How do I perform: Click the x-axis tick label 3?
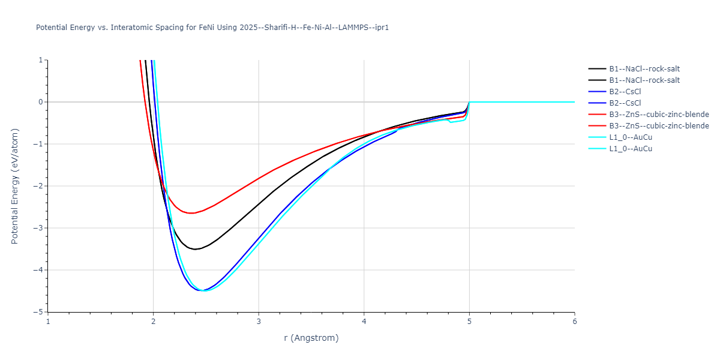coord(259,321)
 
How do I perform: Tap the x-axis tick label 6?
coord(575,321)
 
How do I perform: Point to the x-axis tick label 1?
coord(48,321)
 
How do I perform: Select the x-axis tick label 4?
coord(364,321)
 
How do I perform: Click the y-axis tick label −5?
coord(39,312)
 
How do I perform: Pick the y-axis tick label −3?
coord(39,228)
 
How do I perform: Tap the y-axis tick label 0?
coord(41,102)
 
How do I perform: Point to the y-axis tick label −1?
coord(39,144)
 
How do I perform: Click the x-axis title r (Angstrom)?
coord(311,338)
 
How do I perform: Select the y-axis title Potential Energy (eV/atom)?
coord(15,186)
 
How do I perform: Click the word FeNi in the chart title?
coord(208,28)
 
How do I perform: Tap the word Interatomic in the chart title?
coord(122,28)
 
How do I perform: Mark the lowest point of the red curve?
coord(192,213)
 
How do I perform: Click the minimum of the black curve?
coord(196,249)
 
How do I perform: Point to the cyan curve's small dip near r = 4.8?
coord(451,122)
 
